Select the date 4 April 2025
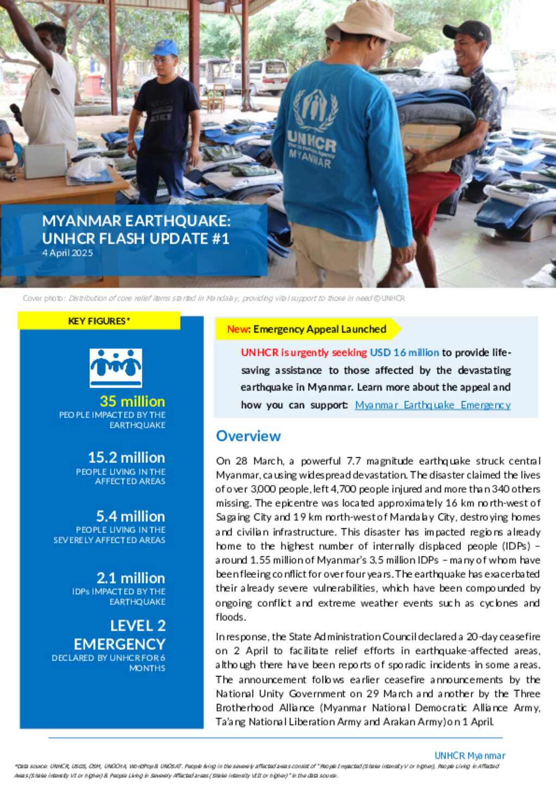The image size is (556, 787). pos(67,253)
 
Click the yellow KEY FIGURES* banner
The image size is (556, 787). pos(99,321)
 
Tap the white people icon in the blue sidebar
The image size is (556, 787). pos(116,368)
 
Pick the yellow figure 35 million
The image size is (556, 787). pos(132,401)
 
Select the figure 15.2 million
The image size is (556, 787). pos(126,457)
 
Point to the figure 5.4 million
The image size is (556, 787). pos(130,516)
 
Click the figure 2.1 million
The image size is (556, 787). pos(130,578)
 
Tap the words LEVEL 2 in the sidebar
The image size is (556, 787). pos(138,626)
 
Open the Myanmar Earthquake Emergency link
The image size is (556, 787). pos(432,405)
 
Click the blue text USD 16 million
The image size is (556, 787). pos(404,352)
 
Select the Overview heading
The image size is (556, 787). pos(248,436)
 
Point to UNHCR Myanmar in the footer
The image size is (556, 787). pos(470,755)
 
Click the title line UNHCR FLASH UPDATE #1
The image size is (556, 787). pos(136,238)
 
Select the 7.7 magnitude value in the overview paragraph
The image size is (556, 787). pos(353,461)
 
